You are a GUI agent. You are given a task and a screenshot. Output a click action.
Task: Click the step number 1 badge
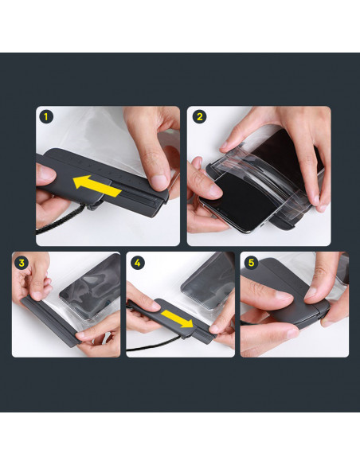point(46,117)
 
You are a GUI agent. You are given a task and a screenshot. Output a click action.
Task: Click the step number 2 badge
point(200,117)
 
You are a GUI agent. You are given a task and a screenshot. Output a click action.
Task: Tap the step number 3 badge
point(22,263)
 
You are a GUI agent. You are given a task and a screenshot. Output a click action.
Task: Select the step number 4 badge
point(137,263)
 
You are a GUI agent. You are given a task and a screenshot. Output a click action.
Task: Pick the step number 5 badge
point(251,263)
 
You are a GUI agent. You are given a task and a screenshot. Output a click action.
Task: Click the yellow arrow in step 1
point(96,186)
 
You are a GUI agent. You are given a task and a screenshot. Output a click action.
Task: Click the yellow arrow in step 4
point(177,318)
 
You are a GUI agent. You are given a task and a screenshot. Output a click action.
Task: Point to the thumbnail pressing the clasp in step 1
point(158,182)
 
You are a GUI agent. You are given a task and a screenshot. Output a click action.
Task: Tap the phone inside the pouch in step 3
point(91,286)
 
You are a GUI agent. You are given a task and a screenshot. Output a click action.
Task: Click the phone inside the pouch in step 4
point(208,280)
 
